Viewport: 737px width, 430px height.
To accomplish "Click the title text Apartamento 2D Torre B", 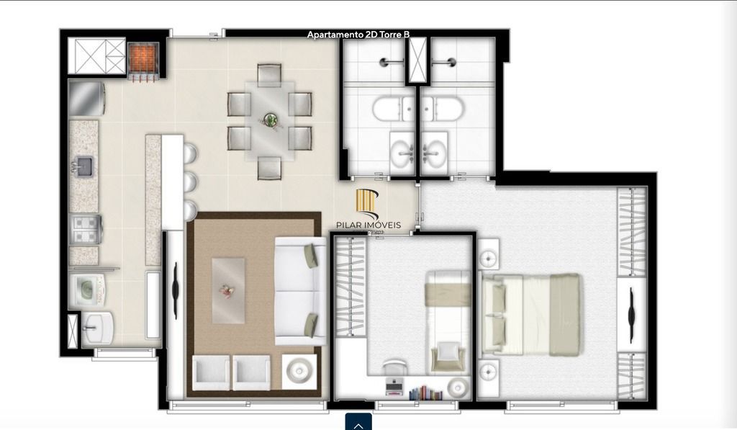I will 358,35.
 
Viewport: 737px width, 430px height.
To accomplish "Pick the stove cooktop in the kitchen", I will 86,230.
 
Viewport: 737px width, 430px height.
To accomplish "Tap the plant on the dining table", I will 271,120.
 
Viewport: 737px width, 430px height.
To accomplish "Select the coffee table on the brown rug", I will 228,289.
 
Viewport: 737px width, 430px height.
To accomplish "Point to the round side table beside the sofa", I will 298,372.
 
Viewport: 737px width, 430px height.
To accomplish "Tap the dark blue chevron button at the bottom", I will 358,422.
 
